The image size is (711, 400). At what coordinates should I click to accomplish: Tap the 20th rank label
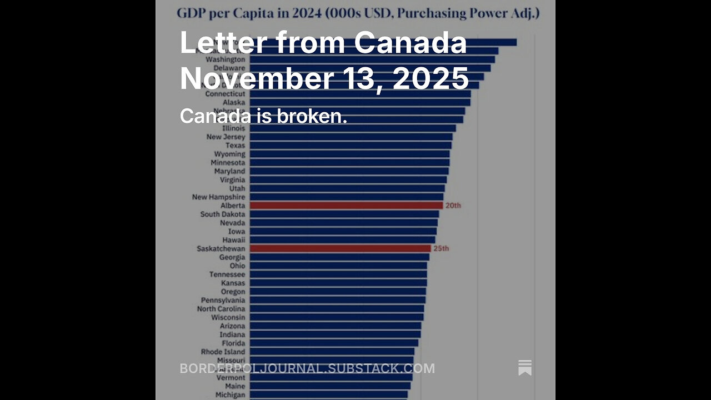click(453, 206)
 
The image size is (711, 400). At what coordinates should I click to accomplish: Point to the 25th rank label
click(441, 248)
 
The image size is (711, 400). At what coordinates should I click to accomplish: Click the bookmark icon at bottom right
click(525, 368)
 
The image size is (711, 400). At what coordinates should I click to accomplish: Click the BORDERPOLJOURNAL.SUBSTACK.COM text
click(307, 368)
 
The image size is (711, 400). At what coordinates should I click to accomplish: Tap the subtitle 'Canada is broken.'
click(263, 116)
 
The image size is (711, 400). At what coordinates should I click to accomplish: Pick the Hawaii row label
click(233, 240)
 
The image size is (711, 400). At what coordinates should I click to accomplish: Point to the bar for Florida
click(334, 343)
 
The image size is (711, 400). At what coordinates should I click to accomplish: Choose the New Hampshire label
click(218, 197)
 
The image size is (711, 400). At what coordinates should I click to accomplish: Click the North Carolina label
click(221, 309)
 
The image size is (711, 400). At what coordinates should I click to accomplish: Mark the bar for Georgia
click(339, 257)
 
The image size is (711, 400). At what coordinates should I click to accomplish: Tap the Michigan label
click(230, 395)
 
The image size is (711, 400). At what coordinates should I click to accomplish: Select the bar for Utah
click(347, 188)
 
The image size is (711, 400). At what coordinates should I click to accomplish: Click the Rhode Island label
click(223, 352)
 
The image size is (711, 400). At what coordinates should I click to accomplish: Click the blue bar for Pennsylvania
click(337, 300)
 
